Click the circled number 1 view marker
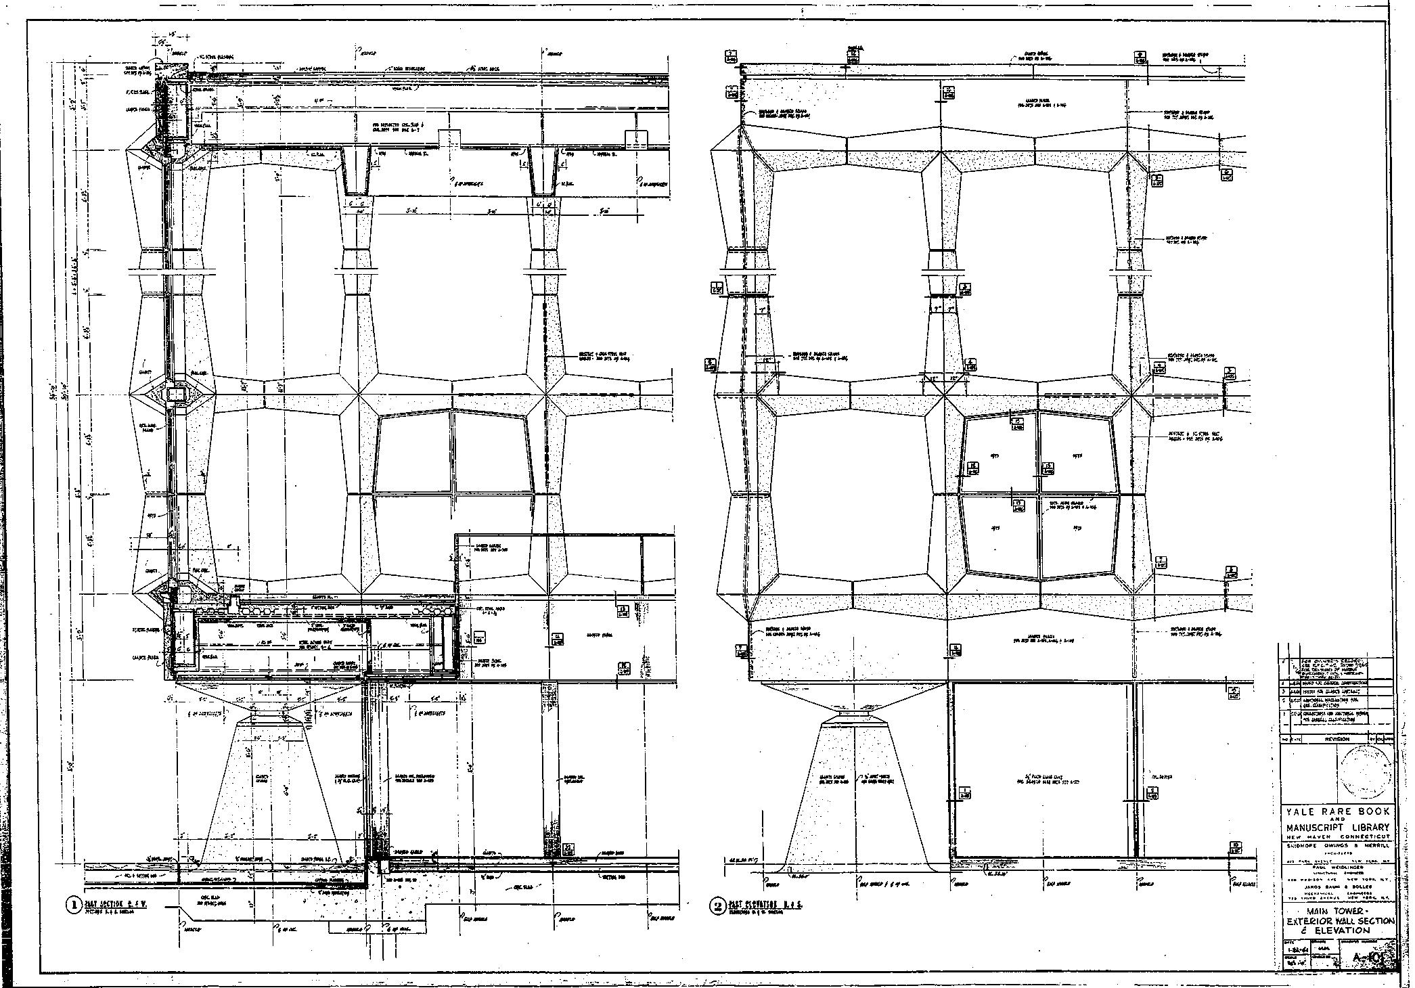tap(73, 905)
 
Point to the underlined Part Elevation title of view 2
tap(765, 904)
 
